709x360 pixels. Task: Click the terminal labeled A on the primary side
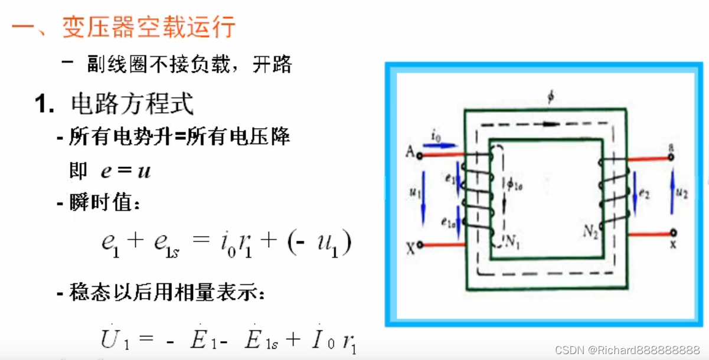click(x=420, y=156)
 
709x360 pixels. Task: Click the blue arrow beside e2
click(x=635, y=192)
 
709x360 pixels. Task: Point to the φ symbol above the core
click(x=551, y=98)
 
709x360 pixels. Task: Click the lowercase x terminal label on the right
click(x=673, y=244)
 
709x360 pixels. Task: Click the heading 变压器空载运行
click(x=149, y=27)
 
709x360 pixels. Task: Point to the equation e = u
click(x=125, y=171)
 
